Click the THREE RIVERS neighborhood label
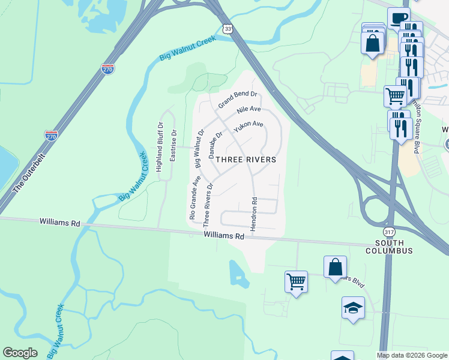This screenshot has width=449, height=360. (x=246, y=160)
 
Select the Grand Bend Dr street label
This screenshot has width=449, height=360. (x=237, y=100)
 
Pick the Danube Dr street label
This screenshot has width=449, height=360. (x=215, y=145)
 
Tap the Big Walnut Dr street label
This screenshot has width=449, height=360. (x=199, y=148)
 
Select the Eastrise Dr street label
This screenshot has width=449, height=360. (x=173, y=146)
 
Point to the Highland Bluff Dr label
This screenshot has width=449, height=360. (x=160, y=148)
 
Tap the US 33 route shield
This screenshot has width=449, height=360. (x=226, y=29)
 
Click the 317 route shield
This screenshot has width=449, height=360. (x=388, y=231)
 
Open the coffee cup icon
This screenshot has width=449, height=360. (x=397, y=17)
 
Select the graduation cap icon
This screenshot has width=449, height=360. (x=353, y=308)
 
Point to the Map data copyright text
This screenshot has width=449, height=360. (x=411, y=355)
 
